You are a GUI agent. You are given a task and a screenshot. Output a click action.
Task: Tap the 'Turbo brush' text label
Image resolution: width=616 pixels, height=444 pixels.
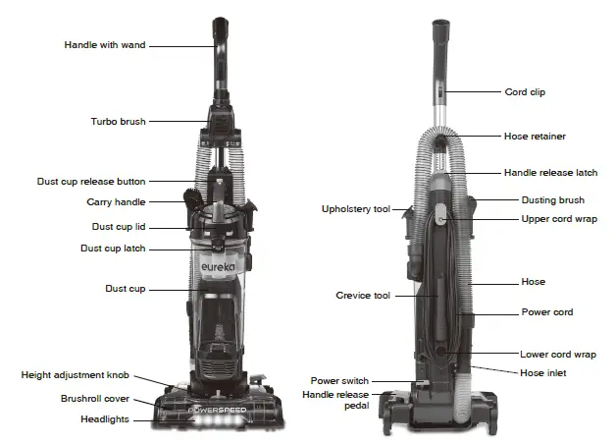118,122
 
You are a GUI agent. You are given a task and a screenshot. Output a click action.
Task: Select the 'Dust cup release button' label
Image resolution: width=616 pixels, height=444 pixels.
91,182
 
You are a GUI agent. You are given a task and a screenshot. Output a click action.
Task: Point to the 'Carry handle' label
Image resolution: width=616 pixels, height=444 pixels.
116,202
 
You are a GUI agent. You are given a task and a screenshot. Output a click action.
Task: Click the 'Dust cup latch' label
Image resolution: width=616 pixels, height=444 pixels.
113,249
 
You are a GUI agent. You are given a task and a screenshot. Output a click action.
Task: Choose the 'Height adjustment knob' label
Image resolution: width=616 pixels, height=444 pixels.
77,376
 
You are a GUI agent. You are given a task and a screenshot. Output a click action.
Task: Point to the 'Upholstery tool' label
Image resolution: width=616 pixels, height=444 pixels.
356,209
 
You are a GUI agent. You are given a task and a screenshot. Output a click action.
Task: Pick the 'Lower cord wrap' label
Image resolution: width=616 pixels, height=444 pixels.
558,355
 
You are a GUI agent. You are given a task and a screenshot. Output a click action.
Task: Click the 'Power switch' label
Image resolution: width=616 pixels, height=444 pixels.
339,380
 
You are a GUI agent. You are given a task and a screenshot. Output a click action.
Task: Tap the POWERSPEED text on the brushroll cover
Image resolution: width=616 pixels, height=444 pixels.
222,406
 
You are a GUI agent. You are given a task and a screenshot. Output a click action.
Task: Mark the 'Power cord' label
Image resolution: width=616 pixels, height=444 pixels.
546,312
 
